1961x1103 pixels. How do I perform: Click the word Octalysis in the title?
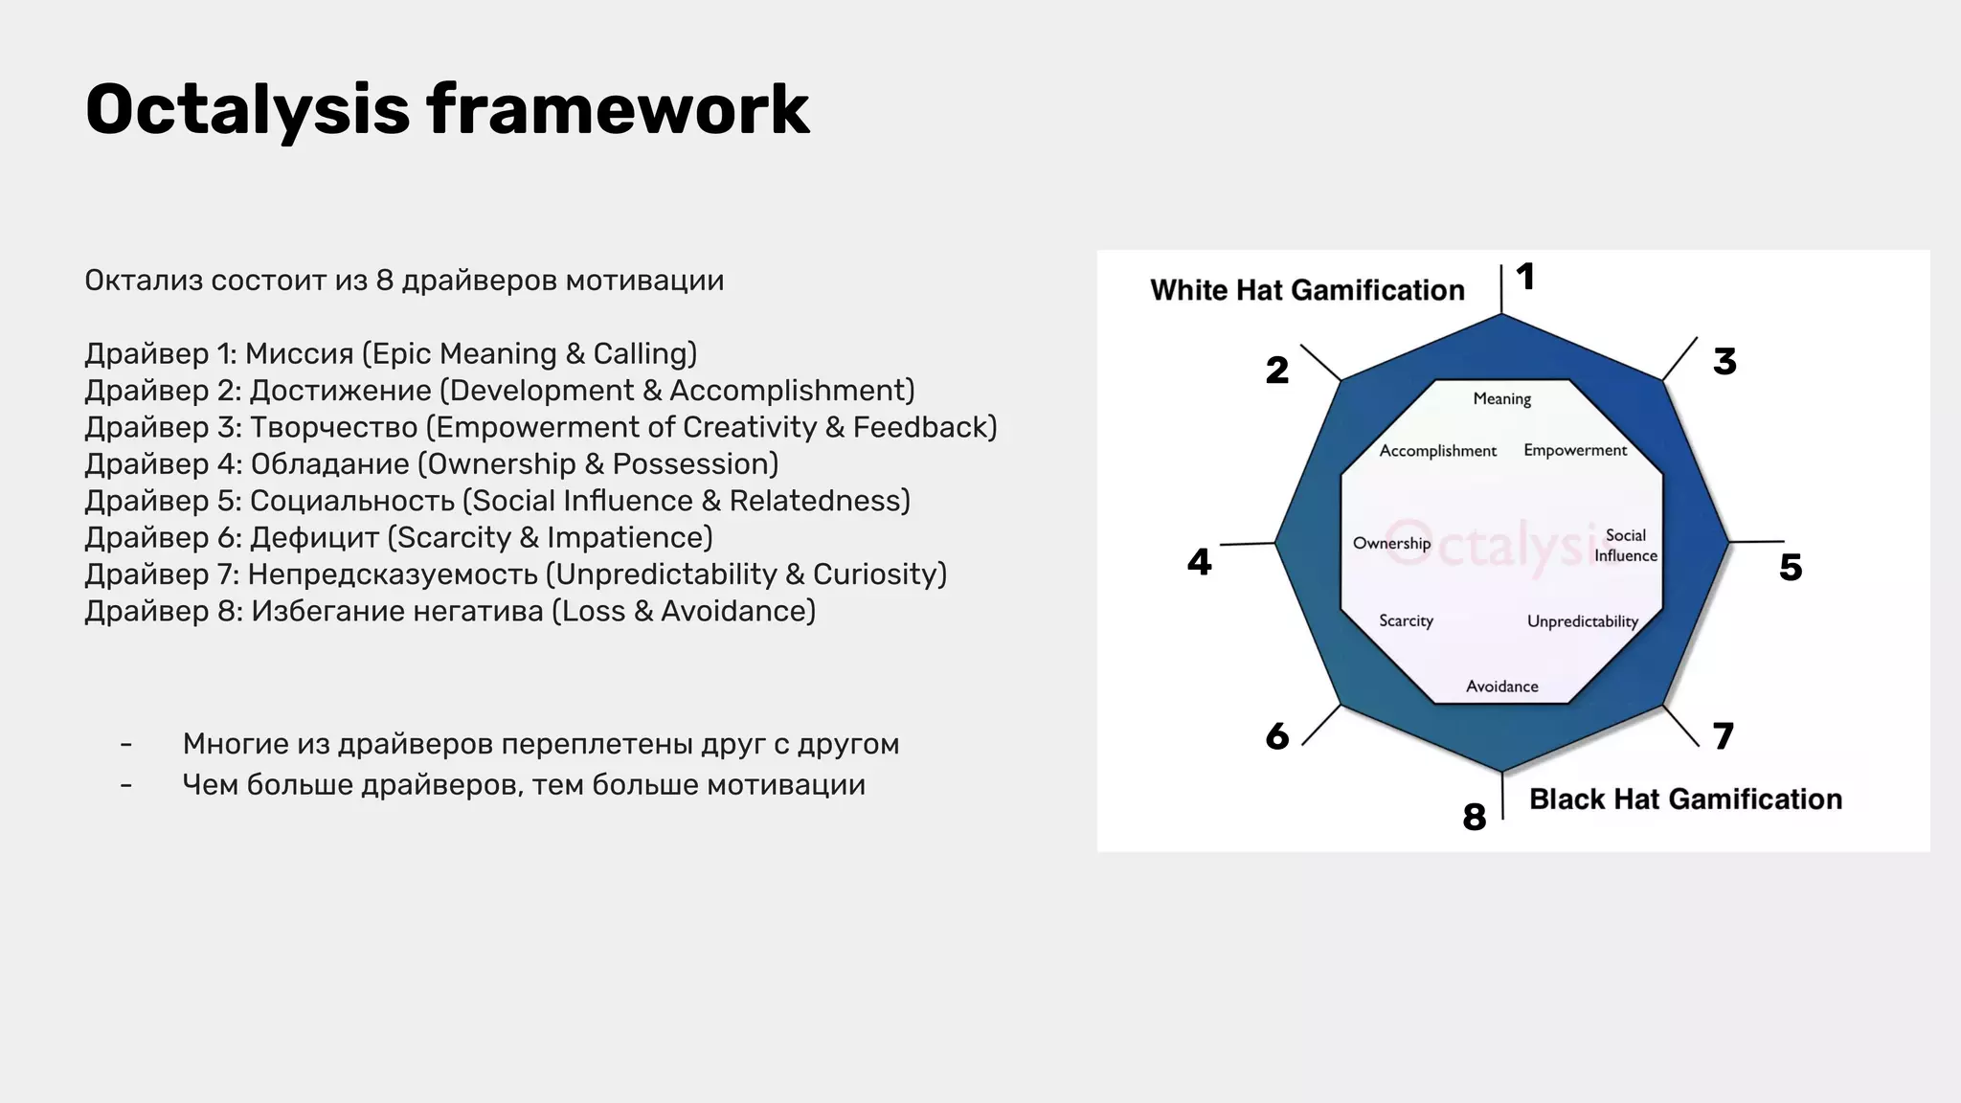pos(247,109)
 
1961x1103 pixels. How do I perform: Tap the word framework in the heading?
pos(618,109)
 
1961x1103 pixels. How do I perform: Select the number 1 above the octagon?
pos(1525,278)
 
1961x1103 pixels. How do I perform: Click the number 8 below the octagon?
pos(1475,817)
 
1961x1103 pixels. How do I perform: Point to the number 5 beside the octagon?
pos(1791,568)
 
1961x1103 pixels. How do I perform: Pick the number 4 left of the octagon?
pos(1199,562)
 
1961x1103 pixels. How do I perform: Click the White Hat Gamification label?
pos(1307,290)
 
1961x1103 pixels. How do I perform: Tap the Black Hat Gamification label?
pos(1685,799)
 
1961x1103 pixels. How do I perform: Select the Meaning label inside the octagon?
pos(1501,399)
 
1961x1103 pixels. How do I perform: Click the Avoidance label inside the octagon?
pos(1501,687)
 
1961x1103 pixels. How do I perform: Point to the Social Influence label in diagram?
pos(1625,546)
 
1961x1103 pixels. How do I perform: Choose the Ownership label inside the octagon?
pos(1391,544)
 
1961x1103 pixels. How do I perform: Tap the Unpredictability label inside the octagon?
pos(1582,621)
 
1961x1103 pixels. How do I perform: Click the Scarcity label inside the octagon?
pos(1406,621)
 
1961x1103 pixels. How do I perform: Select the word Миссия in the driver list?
pos(299,354)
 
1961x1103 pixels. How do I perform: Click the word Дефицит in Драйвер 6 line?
pos(314,538)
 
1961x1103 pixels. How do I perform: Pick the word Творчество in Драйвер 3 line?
pos(333,428)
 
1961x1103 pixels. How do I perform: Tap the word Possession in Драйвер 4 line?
pos(694,464)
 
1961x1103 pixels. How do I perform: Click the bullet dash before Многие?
pos(126,745)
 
